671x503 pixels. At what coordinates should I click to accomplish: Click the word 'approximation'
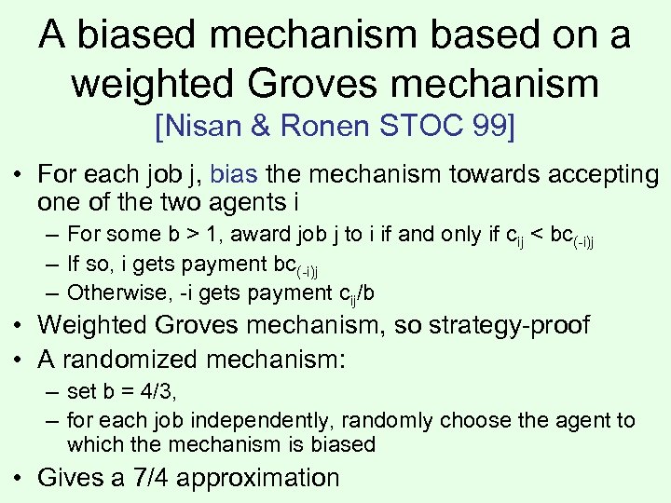click(258, 478)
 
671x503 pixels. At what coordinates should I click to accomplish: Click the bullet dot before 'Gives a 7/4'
click(21, 479)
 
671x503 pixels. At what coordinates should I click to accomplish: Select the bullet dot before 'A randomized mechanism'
click(21, 355)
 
